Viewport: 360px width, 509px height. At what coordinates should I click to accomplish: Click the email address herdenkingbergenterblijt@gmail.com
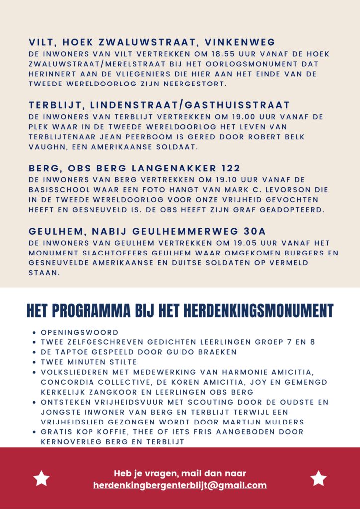180,486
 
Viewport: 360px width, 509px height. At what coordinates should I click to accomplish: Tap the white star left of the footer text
41,478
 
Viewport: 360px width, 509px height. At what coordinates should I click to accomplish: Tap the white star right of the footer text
318,478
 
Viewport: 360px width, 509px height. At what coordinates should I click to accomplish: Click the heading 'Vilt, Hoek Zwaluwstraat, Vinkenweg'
152,42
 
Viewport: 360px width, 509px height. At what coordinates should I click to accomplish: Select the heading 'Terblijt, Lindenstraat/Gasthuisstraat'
159,105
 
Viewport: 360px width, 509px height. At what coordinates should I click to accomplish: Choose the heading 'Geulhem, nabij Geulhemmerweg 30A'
147,232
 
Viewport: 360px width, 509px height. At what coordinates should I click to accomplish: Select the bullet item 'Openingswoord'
80,332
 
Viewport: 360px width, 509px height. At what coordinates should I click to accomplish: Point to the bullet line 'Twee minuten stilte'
89,362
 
